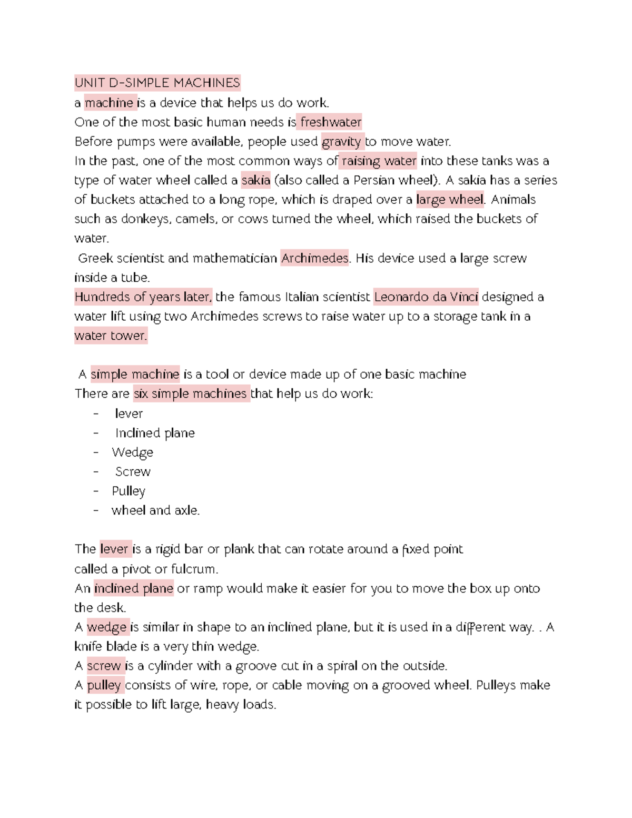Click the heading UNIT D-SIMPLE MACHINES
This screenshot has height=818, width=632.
tap(157, 83)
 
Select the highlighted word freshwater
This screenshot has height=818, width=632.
tap(330, 122)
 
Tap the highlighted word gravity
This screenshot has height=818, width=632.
tap(341, 142)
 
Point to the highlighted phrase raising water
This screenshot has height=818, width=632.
tap(379, 161)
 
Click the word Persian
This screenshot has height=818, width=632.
tap(373, 180)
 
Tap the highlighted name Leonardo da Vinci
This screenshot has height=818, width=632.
tap(426, 297)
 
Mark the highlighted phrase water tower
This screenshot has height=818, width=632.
tap(111, 336)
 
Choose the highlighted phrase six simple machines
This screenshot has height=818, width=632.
tap(190, 393)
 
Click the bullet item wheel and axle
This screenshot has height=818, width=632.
tap(155, 510)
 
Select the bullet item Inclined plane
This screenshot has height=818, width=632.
tap(155, 433)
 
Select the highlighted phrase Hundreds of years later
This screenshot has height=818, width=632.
tap(143, 297)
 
